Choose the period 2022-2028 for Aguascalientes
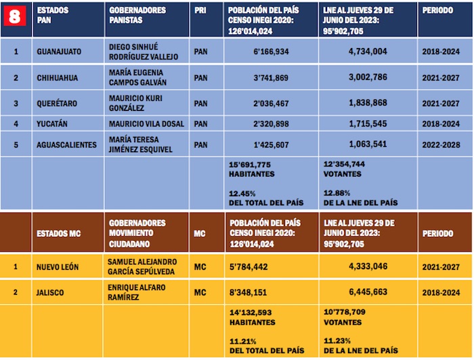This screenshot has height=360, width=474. (x=440, y=145)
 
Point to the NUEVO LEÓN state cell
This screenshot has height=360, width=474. (x=58, y=267)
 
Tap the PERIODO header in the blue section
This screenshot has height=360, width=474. (x=437, y=12)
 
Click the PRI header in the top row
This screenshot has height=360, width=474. (x=200, y=12)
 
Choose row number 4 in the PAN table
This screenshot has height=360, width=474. (x=16, y=124)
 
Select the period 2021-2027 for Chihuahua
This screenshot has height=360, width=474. (x=440, y=78)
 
